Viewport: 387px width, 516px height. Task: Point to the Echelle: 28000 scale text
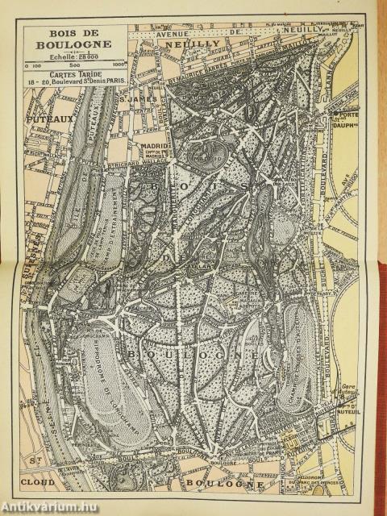pyautogui.click(x=75, y=55)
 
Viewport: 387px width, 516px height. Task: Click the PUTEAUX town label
pyautogui.click(x=47, y=118)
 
